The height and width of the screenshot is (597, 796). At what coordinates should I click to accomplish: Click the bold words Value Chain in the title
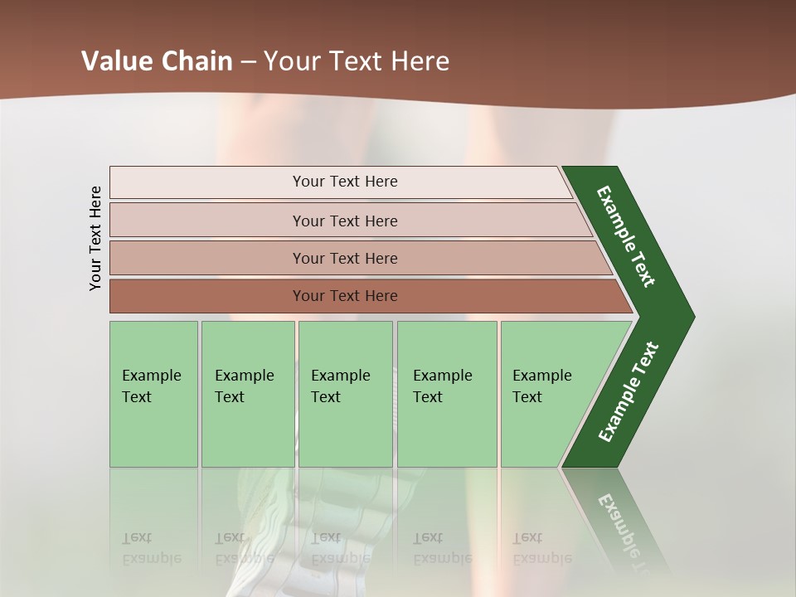coord(158,61)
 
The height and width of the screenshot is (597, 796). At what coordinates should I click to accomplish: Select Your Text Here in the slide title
coord(357,61)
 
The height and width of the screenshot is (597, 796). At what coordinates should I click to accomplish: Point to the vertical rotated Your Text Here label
coord(95,238)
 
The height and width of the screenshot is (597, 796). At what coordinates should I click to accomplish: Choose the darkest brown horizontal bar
coord(365,296)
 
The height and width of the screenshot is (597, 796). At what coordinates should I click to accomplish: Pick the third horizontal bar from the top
coord(357,258)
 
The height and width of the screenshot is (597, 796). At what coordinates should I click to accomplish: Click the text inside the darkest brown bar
coord(345,296)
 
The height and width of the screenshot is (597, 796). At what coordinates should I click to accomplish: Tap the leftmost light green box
coord(153,394)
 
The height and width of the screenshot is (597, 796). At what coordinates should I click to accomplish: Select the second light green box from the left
coord(248,394)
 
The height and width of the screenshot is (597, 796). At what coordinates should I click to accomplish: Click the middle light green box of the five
coord(345,394)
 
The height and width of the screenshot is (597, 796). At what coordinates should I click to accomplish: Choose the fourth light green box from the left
coord(447,394)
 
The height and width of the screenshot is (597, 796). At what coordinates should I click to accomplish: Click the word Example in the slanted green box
coord(542,376)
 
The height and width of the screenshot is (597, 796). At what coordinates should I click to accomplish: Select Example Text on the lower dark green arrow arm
coord(629,392)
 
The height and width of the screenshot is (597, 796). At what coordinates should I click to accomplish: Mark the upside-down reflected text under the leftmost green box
coord(151,548)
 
